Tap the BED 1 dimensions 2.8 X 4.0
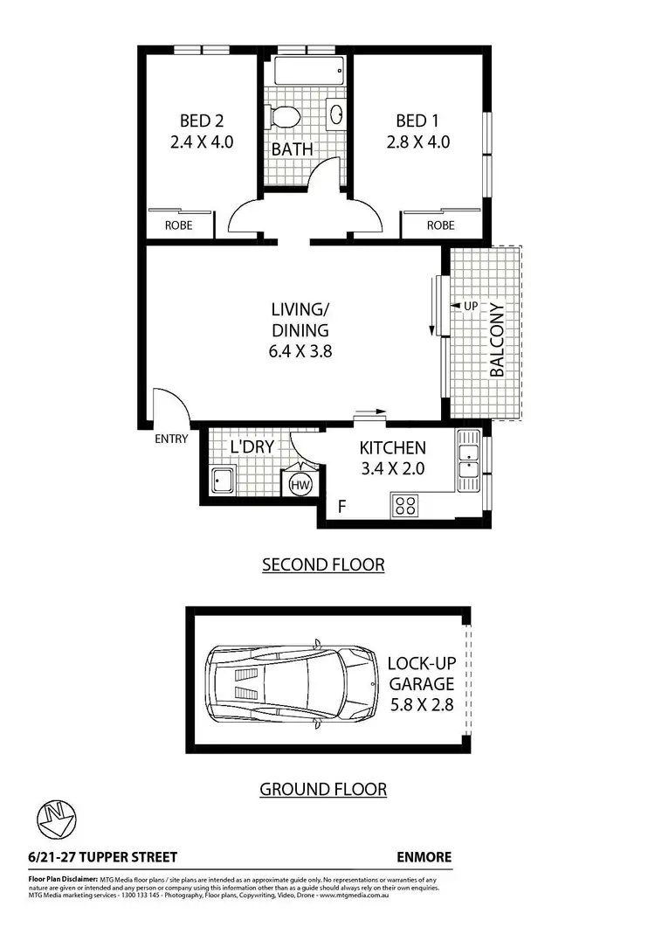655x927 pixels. tap(418, 142)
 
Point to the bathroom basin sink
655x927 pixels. tap(335, 114)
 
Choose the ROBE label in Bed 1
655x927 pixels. tap(440, 225)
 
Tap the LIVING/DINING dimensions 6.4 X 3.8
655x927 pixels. tap(300, 352)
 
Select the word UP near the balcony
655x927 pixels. tap(471, 306)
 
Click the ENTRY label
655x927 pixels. tap(171, 439)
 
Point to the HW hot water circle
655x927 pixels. tap(297, 484)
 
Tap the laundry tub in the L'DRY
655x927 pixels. tap(222, 481)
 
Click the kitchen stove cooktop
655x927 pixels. tap(405, 504)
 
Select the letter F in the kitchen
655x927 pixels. tap(342, 506)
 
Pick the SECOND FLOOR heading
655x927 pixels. tap(323, 565)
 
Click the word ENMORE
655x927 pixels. tap(424, 857)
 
